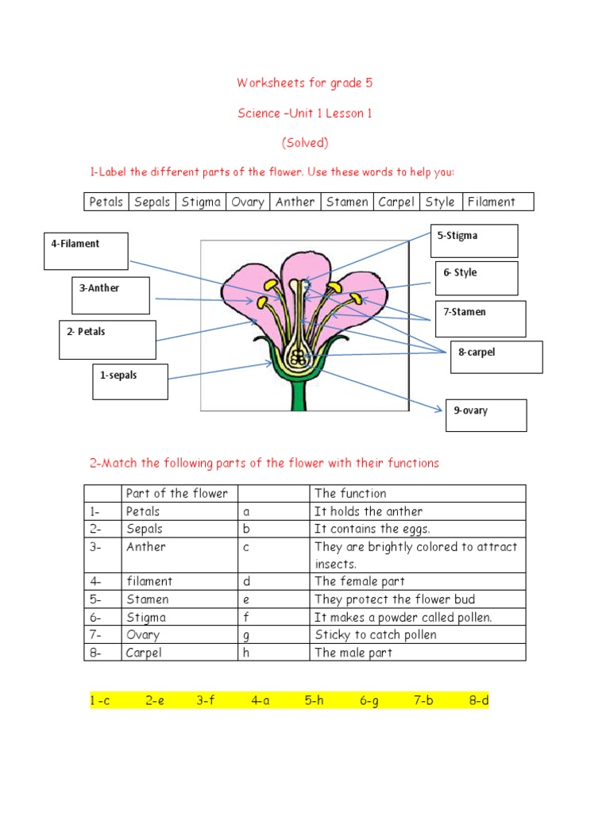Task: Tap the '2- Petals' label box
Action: pos(107,339)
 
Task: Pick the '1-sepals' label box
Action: pos(129,381)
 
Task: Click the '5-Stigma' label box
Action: pos(474,241)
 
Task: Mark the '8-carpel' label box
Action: pos(496,356)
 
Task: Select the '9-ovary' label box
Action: pos(486,415)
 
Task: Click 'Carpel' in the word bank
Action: pos(396,202)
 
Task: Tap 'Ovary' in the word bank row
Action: pos(248,202)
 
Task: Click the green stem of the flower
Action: pos(299,393)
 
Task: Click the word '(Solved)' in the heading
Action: pos(305,143)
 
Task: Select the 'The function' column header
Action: pos(350,494)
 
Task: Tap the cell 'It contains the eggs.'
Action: pos(372,529)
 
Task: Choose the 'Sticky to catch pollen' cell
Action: pos(376,634)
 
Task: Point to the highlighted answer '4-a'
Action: pos(261,701)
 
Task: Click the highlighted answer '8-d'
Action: pos(478,701)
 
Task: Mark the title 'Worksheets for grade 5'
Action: pos(305,83)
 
